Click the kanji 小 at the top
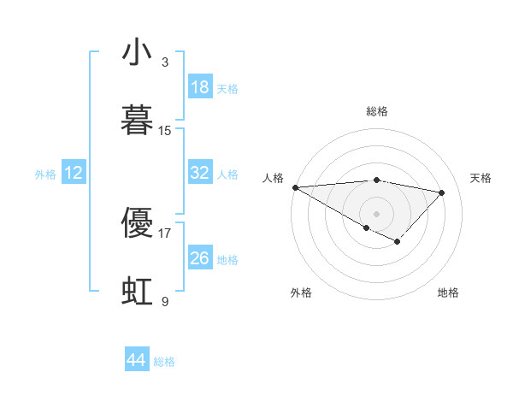[x=137, y=53]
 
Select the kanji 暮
[x=137, y=121]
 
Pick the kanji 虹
[x=137, y=291]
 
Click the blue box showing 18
[x=199, y=87]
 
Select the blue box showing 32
[x=199, y=173]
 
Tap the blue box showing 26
[x=199, y=258]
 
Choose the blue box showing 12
[x=74, y=173]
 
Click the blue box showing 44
[x=136, y=360]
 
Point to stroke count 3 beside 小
[x=165, y=62]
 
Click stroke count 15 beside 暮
[x=165, y=131]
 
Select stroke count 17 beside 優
[x=165, y=233]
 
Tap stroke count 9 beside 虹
[x=165, y=301]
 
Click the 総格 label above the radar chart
[x=377, y=111]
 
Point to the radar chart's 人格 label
[x=273, y=177]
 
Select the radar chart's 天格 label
[x=481, y=177]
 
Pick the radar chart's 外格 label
[x=301, y=293]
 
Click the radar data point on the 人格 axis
[x=295, y=187]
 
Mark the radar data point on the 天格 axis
[x=442, y=192]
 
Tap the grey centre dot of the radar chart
[x=377, y=213]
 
